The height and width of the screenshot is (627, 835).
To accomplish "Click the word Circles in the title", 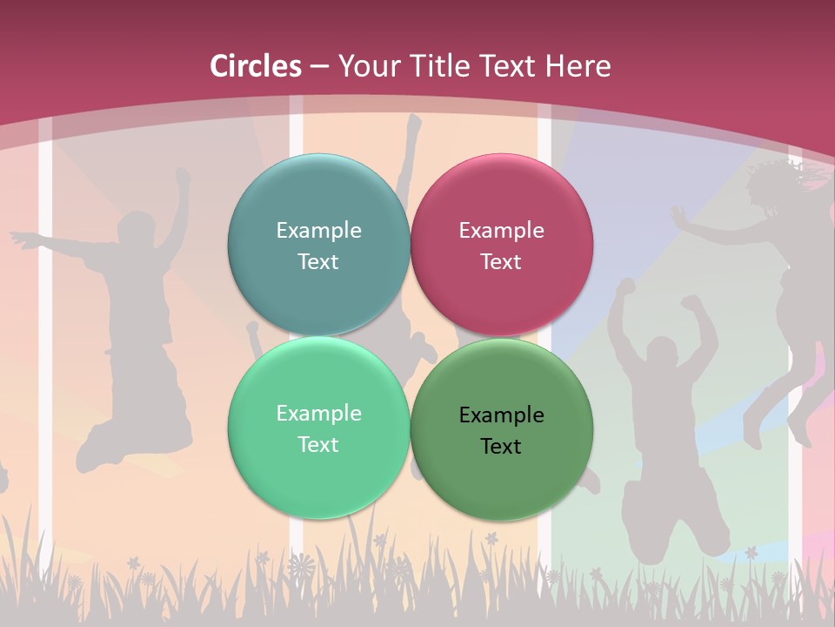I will (256, 66).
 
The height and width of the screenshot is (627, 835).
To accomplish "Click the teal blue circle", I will (318, 245).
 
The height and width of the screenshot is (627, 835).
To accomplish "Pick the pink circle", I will (501, 245).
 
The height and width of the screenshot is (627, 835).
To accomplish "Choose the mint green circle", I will (318, 428).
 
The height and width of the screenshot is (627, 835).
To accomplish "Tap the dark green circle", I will (501, 429).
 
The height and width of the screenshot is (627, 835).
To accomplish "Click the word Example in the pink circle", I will (501, 230).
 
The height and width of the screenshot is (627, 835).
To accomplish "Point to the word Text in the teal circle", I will (318, 261).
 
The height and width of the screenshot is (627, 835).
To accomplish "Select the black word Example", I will (501, 415).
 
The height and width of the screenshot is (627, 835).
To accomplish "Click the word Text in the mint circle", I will (318, 444).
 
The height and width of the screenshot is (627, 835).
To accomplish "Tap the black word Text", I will (501, 446).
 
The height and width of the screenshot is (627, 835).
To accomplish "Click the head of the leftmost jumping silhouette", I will (135, 231).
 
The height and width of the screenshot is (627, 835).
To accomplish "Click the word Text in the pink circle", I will (501, 261).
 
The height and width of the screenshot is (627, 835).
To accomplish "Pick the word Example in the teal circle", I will (318, 230).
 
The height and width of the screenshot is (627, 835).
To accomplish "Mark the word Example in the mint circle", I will (318, 413).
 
